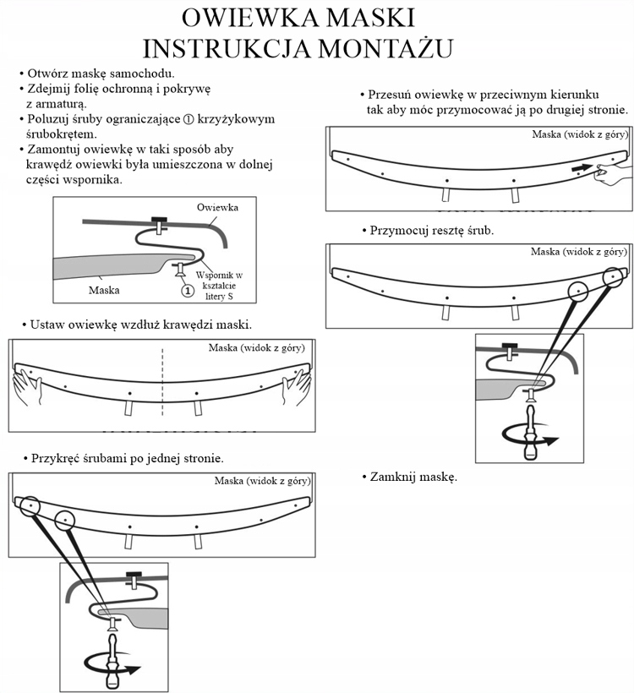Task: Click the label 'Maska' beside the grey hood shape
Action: [x=104, y=290]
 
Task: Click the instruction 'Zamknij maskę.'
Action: [x=413, y=477]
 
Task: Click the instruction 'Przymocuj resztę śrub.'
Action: [x=431, y=230]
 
